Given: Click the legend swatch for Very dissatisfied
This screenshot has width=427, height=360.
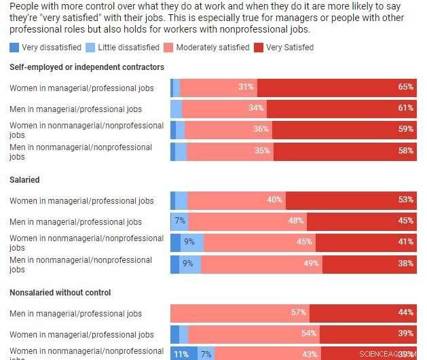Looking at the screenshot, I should [x=14, y=48].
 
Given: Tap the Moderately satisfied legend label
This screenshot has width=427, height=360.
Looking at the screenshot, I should [x=212, y=48].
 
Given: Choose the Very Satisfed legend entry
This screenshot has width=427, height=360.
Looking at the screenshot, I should [x=289, y=48].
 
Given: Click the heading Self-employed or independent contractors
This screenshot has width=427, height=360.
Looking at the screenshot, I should [x=87, y=67].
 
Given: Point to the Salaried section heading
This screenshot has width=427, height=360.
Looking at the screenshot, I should [x=24, y=180].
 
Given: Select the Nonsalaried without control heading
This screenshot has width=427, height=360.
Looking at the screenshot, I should [x=60, y=293].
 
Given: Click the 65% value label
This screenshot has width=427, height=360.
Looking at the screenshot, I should [x=406, y=87].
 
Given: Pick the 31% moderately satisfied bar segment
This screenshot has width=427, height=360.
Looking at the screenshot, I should [x=219, y=87].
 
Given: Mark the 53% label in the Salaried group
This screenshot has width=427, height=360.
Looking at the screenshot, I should [x=406, y=200].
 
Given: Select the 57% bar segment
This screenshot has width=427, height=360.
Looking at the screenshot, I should [x=240, y=312].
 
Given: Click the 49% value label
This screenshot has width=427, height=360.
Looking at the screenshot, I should [x=310, y=264].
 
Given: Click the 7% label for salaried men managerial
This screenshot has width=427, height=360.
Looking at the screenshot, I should [x=180, y=221].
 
